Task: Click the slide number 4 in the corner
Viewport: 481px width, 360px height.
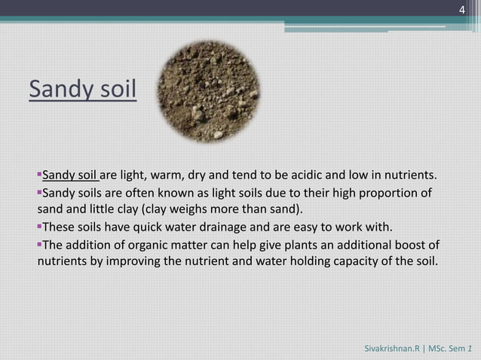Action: [462, 8]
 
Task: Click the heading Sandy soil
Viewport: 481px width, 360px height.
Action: [83, 90]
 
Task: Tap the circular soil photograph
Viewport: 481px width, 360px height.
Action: [213, 92]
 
